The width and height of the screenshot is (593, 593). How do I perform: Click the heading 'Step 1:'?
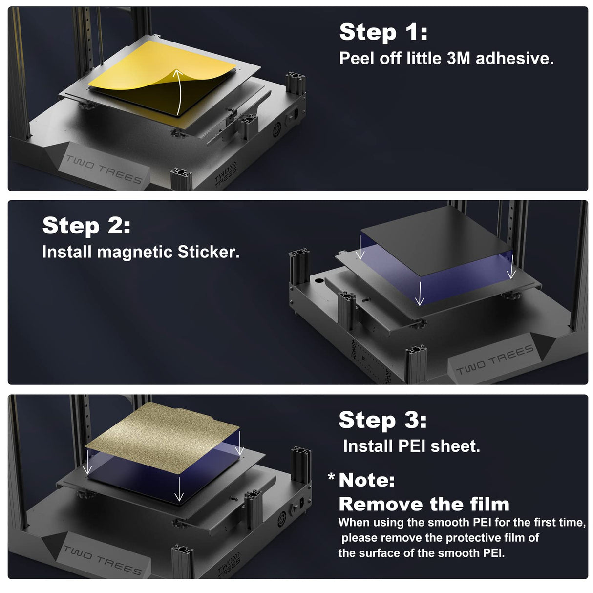[x=383, y=32]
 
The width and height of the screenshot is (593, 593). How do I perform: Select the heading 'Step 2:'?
[x=86, y=226]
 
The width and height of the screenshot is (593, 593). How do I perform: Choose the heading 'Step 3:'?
[x=382, y=420]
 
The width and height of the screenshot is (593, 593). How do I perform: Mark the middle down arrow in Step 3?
[x=179, y=489]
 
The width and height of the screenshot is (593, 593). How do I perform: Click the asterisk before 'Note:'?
[x=331, y=477]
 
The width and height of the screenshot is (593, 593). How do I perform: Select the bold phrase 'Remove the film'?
[x=424, y=504]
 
